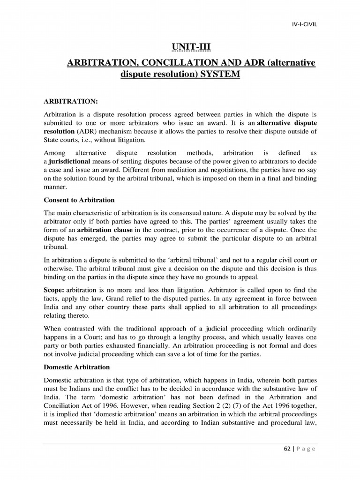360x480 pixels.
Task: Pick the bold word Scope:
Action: click(x=54, y=290)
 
